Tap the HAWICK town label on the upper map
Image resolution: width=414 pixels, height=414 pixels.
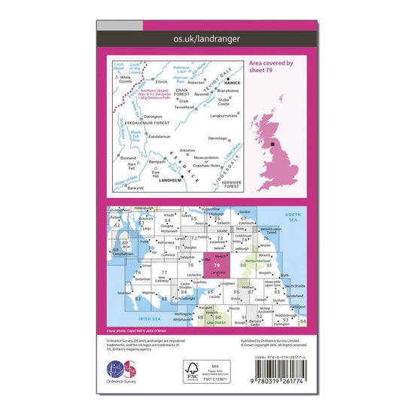[233, 81]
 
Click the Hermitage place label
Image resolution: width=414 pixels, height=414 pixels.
[218, 138]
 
